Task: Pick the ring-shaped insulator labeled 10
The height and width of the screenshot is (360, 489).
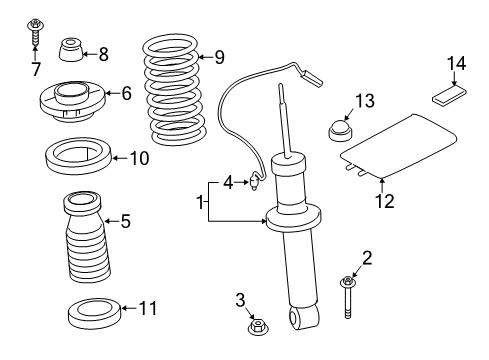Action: pyautogui.click(x=78, y=157)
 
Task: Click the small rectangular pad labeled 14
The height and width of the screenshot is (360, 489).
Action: pyautogui.click(x=450, y=97)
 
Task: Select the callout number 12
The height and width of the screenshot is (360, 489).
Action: pyautogui.click(x=384, y=201)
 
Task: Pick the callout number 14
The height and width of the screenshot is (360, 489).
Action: pyautogui.click(x=456, y=65)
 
